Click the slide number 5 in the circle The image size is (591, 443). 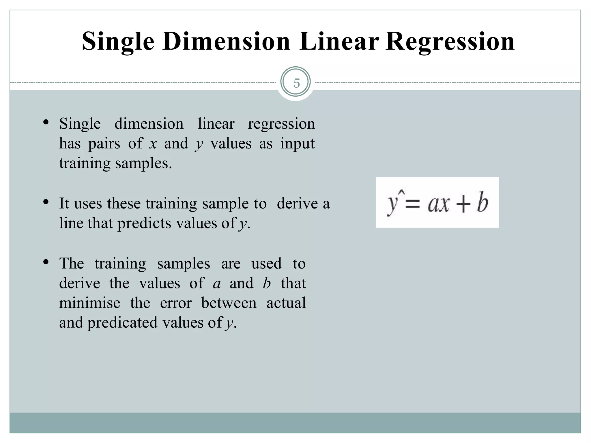coord(296,83)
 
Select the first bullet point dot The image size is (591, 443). coord(46,122)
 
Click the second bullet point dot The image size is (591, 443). coord(46,202)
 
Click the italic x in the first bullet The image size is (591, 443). coord(153,144)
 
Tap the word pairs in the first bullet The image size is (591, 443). coord(104,144)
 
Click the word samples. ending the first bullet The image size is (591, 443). coord(143,163)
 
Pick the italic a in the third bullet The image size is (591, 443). coord(217,284)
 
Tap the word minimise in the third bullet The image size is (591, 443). coord(90,303)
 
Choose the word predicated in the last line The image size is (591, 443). coord(122,322)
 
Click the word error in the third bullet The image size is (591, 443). coord(176,303)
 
